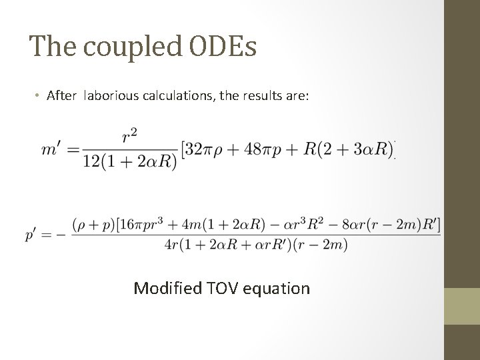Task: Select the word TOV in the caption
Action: pos(221,288)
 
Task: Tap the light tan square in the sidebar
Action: pos(461,307)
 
